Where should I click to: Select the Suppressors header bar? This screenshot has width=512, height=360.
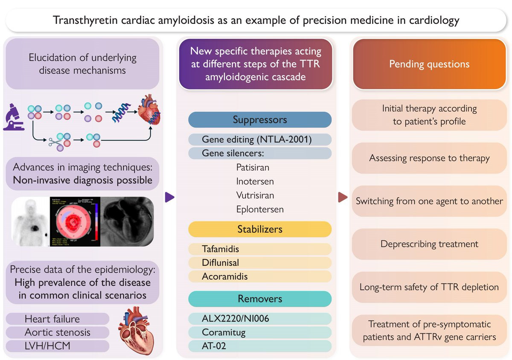[x=259, y=120]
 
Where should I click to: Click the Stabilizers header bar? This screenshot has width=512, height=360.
[x=259, y=229]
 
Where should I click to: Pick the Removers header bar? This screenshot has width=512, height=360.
[x=259, y=299]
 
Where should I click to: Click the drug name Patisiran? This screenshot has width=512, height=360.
[x=253, y=168]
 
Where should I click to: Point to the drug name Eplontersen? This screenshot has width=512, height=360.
[x=260, y=209]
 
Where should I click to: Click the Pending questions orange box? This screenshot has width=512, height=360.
[x=429, y=64]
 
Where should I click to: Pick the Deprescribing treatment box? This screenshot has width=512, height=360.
[x=429, y=244]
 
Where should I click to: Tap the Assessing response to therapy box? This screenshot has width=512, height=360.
[x=429, y=158]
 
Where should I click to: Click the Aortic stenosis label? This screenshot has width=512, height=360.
[x=58, y=332]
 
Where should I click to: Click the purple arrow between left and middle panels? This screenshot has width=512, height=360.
[x=169, y=197]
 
